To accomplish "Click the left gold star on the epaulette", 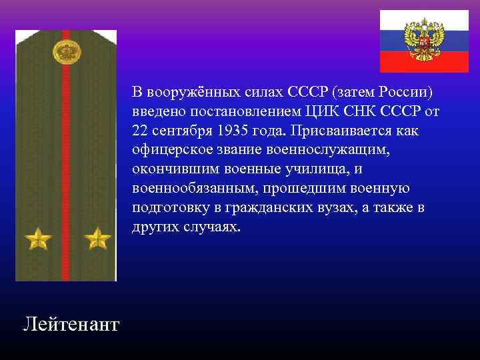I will tap(38, 238).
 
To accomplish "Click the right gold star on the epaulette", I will tap(98, 238).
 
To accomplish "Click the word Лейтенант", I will tap(71, 325).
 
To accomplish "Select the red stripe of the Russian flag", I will tap(424, 63).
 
